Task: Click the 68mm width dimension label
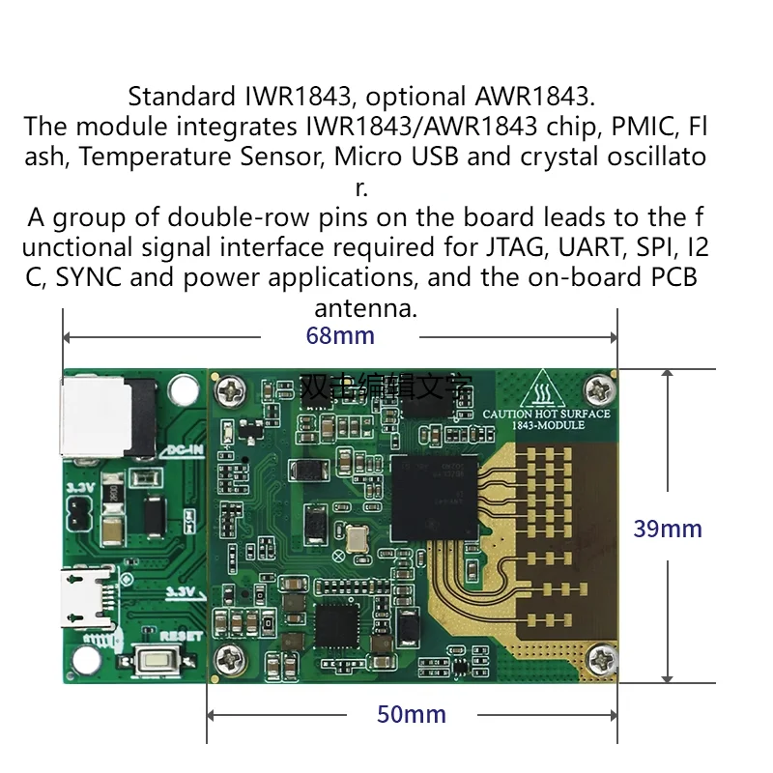(x=340, y=336)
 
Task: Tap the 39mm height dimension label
(x=668, y=529)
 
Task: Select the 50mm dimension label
(x=411, y=714)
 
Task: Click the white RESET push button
(x=157, y=662)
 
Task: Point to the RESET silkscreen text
(x=181, y=635)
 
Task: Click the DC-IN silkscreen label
(x=186, y=448)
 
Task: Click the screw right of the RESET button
(x=233, y=660)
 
